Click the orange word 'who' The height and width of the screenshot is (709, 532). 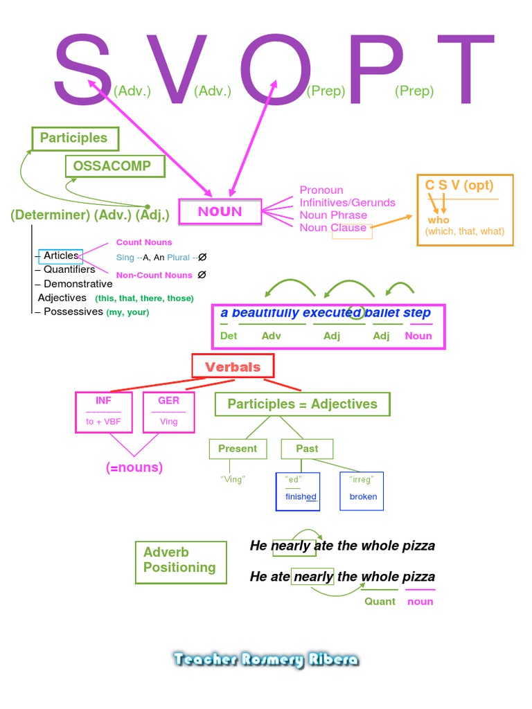tap(438, 220)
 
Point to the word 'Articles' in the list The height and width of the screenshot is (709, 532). tap(61, 255)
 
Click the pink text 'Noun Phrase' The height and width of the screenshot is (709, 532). tap(333, 215)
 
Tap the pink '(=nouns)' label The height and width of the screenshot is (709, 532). tap(134, 467)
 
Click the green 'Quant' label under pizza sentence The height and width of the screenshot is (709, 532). tap(380, 602)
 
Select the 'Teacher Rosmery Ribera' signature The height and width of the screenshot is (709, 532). tap(266, 660)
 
